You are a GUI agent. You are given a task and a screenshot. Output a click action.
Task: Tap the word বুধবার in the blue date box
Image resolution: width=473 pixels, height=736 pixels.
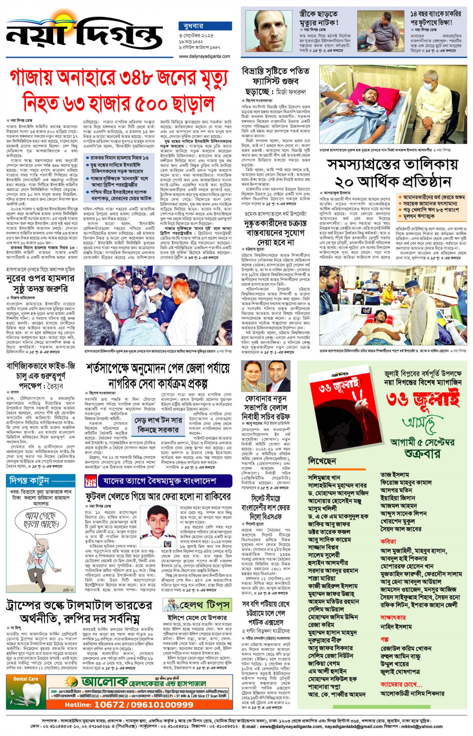pos(191,26)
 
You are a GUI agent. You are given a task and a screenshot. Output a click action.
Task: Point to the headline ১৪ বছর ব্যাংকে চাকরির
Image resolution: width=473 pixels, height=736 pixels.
pos(436,14)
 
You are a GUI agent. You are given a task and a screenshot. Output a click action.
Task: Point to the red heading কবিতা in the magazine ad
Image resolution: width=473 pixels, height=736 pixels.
pos(389,541)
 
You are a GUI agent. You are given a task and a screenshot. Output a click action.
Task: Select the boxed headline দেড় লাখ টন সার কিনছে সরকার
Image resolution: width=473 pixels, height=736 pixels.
pos(158,425)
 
